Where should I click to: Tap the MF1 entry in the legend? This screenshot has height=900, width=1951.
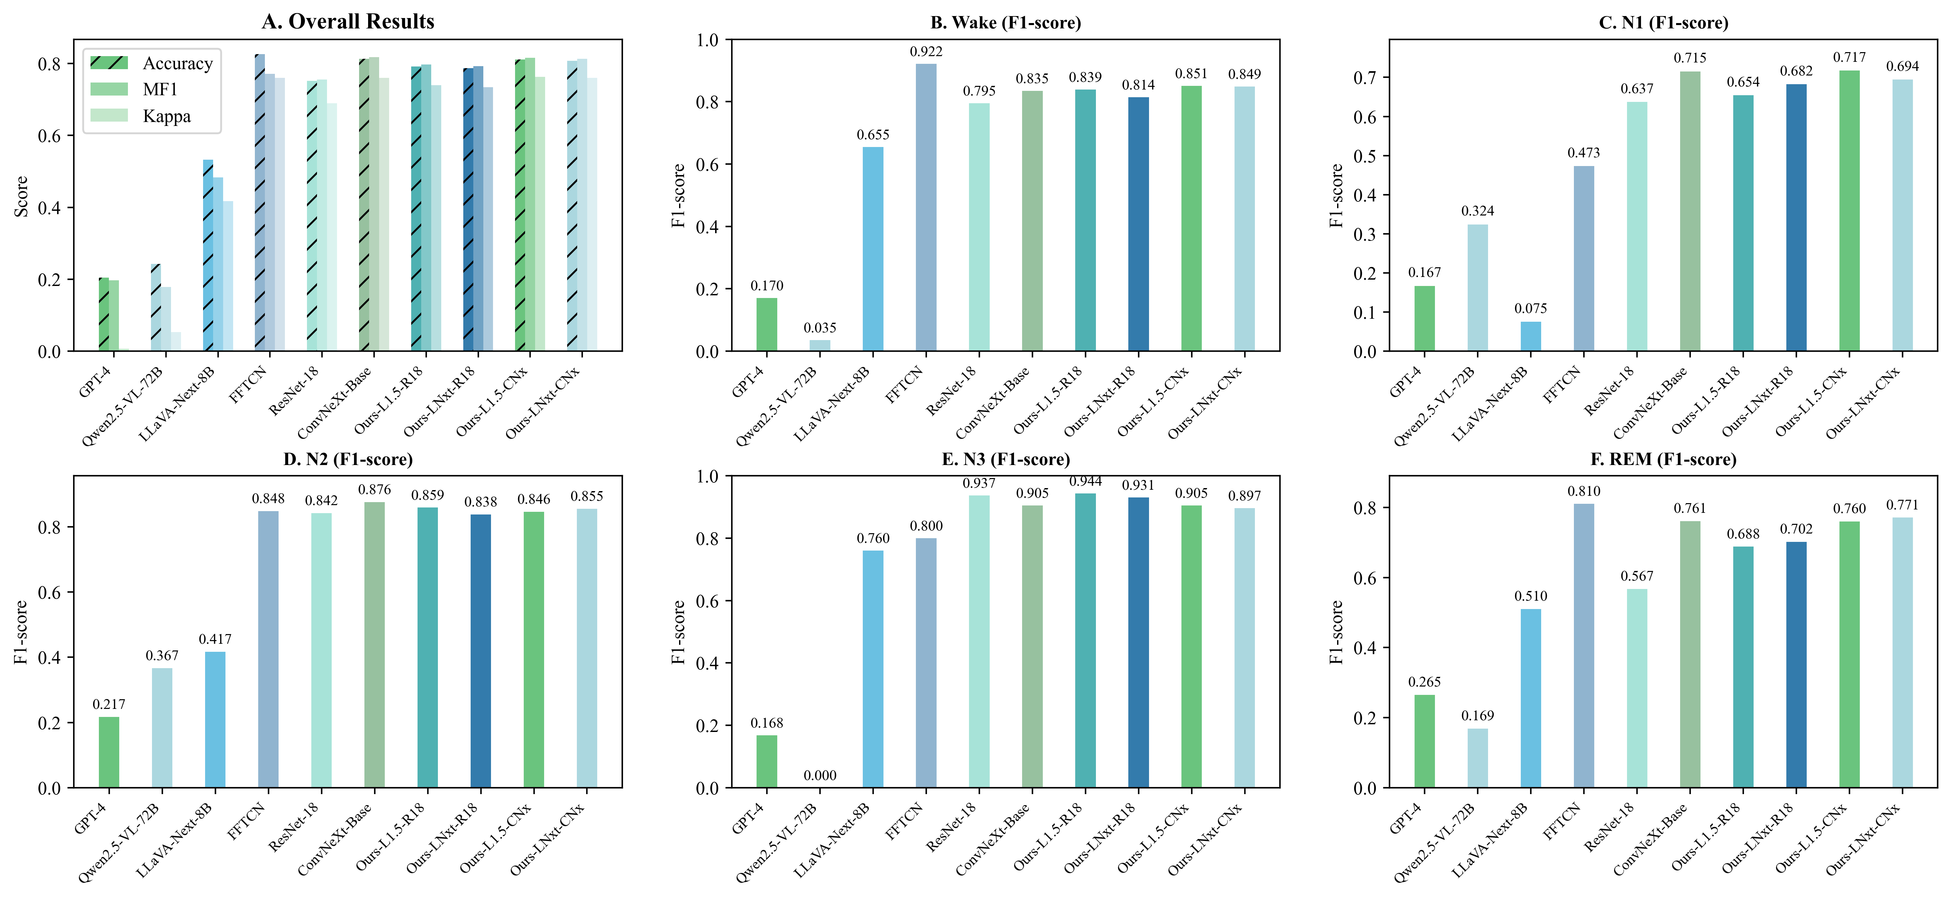[160, 90]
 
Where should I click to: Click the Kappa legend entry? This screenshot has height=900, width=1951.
[167, 116]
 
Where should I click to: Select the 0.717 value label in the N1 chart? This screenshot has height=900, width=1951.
[1849, 57]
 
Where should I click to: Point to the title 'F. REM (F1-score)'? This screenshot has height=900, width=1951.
[1663, 459]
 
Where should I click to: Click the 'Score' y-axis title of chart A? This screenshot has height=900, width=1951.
[21, 196]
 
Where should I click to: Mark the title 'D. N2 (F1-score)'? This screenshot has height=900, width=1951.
[348, 459]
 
